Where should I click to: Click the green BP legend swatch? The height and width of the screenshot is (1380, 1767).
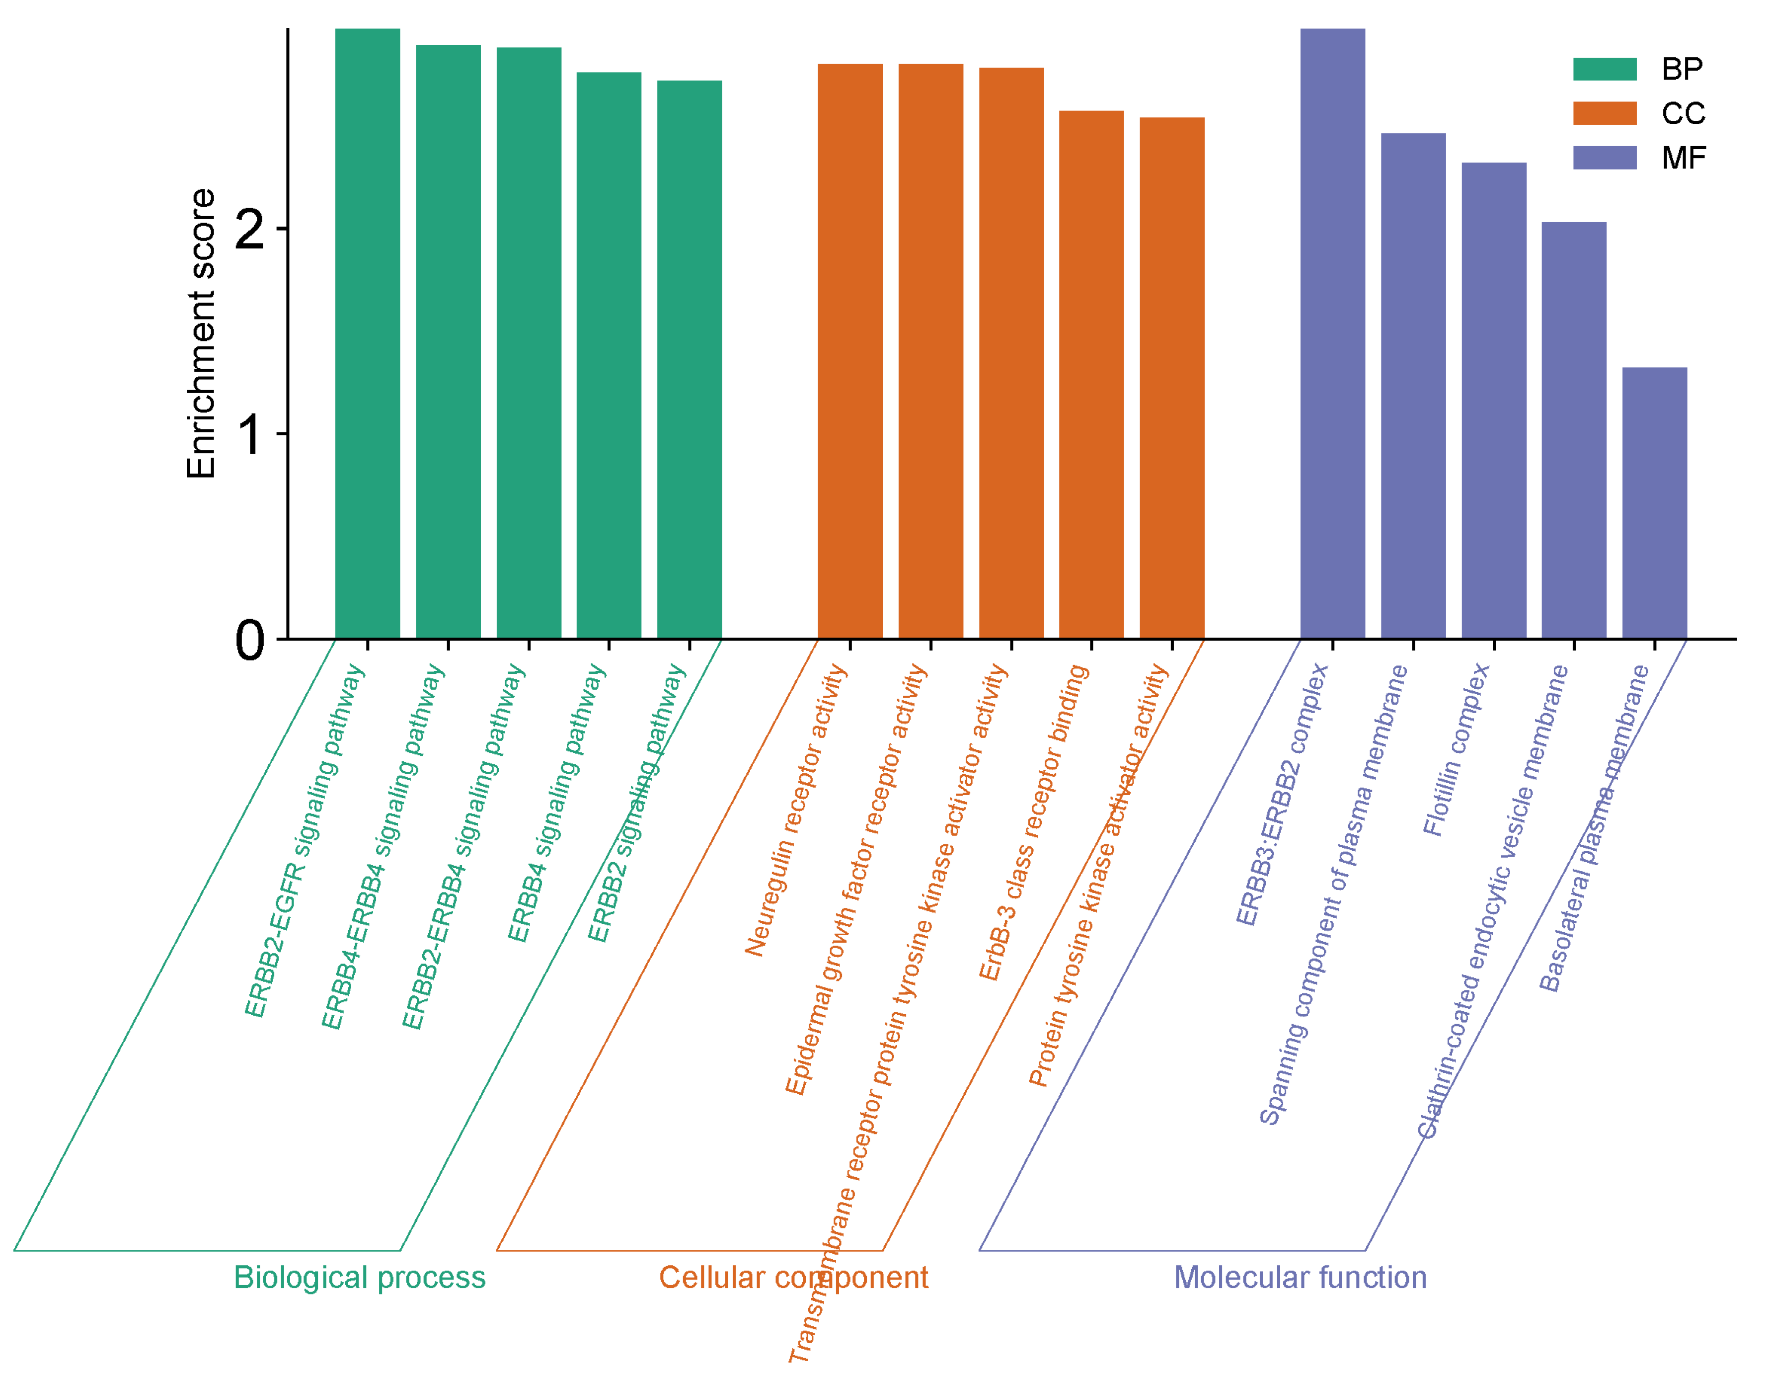coord(1605,70)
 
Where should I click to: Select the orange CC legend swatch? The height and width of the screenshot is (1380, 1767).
coord(1605,113)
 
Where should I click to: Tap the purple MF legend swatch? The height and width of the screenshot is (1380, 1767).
coord(1605,158)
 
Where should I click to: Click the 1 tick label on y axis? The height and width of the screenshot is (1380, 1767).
coord(250,435)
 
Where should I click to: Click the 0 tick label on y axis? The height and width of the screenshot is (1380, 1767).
coord(250,642)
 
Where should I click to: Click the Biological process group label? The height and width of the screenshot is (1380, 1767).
coord(359,1278)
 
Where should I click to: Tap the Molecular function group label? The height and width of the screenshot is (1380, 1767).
coord(1300,1278)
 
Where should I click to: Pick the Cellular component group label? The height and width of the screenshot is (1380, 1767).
coord(793,1278)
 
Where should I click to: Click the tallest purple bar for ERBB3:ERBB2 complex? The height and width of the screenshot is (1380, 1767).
coord(1332,333)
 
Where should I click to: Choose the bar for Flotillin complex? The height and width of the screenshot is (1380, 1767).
coord(1494,401)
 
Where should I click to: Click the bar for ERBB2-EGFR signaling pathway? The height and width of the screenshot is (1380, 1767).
coord(367,333)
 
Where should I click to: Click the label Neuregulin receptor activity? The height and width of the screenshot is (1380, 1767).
coord(796,810)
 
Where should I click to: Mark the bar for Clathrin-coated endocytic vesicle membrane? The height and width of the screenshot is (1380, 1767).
coord(1574,430)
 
